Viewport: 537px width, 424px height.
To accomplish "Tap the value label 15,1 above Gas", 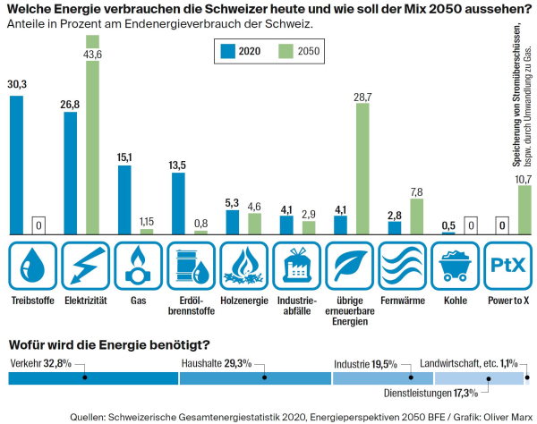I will point(124,157).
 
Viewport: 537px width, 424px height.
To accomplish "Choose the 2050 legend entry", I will point(296,51).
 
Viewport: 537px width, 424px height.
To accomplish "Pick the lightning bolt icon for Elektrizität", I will point(85,265).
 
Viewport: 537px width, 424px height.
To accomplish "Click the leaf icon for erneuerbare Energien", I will point(349,265).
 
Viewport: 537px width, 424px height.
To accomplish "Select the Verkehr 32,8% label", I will point(40,363).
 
